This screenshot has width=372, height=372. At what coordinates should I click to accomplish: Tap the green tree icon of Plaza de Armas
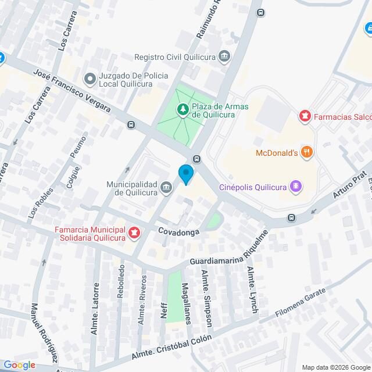click(183, 109)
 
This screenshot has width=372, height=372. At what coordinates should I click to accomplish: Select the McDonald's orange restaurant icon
click(307, 153)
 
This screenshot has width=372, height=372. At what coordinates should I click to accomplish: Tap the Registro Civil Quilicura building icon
click(224, 56)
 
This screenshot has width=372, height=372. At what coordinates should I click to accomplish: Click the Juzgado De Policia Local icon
click(90, 78)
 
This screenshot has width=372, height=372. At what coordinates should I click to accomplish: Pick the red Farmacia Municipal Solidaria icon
click(135, 234)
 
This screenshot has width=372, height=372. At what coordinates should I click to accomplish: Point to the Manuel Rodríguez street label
click(44, 332)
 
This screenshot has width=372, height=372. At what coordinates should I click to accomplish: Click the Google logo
click(19, 364)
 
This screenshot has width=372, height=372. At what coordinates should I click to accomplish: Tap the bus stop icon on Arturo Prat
click(291, 219)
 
